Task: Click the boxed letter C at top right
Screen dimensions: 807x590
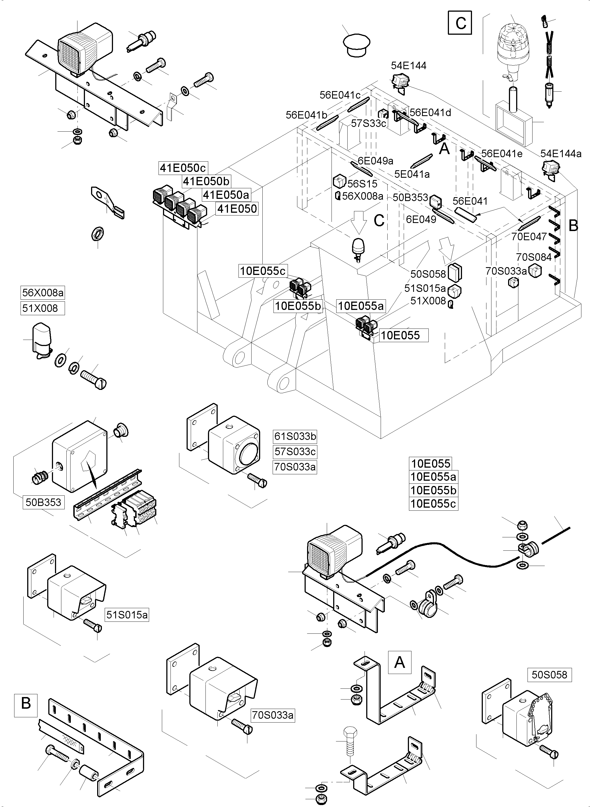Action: [x=460, y=23]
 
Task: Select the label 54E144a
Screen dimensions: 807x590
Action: [x=561, y=154]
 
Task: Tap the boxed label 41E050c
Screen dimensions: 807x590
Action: [x=183, y=168]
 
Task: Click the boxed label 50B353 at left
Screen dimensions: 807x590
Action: [x=44, y=502]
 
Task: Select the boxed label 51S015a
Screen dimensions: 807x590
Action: [x=127, y=615]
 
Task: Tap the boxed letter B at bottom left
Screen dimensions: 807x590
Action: [x=26, y=703]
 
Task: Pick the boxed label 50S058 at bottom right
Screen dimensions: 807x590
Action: [x=549, y=675]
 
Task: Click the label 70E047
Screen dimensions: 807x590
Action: [x=529, y=237]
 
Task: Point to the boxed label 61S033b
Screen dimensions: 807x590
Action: [x=295, y=437]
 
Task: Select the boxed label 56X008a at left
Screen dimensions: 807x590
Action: [x=43, y=293]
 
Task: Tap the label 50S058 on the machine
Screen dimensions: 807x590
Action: [x=428, y=274]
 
